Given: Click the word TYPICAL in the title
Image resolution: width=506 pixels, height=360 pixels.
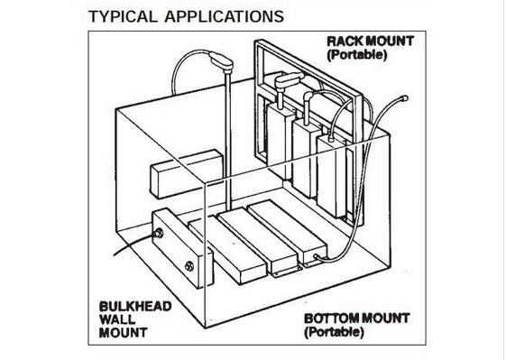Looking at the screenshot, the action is (123, 16).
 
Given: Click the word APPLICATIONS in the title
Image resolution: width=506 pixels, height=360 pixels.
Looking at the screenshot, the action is (225, 16).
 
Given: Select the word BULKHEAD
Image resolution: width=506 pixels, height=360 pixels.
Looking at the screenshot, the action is (135, 307).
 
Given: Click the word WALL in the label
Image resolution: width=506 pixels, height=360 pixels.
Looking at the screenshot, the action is (117, 319).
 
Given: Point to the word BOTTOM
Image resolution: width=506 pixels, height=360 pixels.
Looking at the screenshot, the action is (331, 318).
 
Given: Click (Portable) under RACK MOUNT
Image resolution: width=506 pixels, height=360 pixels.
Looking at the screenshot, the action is (357, 54).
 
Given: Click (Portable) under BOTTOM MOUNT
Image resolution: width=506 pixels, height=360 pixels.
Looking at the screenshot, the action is (335, 332).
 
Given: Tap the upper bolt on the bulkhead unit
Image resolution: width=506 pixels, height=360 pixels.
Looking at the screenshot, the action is (158, 233).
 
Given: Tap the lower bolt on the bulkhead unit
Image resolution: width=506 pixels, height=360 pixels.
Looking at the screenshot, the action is (189, 266).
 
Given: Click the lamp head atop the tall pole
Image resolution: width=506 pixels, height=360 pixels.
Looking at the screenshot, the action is (221, 60).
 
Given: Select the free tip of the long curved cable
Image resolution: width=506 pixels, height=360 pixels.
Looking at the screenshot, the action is (405, 98).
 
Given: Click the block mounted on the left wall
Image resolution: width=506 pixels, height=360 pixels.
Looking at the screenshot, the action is (187, 174).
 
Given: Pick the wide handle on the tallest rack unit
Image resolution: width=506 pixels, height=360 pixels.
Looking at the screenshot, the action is (289, 80).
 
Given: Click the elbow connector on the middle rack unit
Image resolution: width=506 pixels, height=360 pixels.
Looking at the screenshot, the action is (308, 97).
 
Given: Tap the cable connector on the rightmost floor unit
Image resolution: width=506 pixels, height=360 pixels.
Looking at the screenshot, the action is (317, 257).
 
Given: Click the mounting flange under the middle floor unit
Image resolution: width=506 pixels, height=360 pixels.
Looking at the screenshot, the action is (286, 272).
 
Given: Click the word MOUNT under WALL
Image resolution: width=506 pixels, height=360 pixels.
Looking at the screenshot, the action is (123, 333).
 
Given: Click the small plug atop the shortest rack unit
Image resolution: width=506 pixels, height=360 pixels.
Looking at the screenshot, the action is (330, 139).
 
